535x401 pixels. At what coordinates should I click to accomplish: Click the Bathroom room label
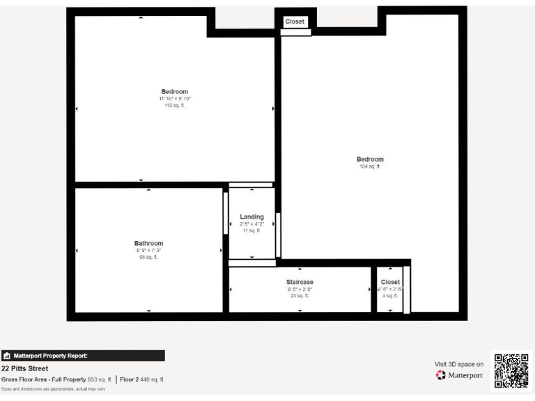[x=148, y=244]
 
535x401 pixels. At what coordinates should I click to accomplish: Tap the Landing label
[x=251, y=217]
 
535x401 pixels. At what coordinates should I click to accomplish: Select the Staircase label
[x=300, y=282]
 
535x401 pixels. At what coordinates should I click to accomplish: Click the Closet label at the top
[x=295, y=22]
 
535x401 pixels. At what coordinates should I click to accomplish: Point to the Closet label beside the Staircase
[x=390, y=282]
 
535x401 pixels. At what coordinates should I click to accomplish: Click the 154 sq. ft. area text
[x=370, y=166]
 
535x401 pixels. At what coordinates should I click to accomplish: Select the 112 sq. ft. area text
[x=175, y=106]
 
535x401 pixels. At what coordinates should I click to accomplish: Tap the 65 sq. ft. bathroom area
[x=148, y=257]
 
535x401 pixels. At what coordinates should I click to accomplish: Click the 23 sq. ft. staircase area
[x=300, y=296]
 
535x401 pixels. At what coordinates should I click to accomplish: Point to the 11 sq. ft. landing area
[x=251, y=230]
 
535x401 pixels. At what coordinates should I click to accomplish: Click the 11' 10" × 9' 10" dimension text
[x=175, y=99]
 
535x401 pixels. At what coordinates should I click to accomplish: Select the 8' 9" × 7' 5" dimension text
[x=148, y=251]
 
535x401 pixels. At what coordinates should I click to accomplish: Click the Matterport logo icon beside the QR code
[x=440, y=375]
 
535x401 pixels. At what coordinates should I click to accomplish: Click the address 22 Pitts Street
[x=24, y=369]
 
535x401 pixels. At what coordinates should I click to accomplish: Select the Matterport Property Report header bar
[x=83, y=356]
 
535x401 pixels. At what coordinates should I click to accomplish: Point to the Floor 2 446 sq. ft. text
[x=142, y=379]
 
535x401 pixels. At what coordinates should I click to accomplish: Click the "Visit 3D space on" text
[x=458, y=363]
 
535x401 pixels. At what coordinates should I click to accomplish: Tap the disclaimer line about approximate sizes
[x=54, y=389]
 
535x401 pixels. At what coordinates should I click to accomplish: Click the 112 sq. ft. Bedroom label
[x=175, y=92]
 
